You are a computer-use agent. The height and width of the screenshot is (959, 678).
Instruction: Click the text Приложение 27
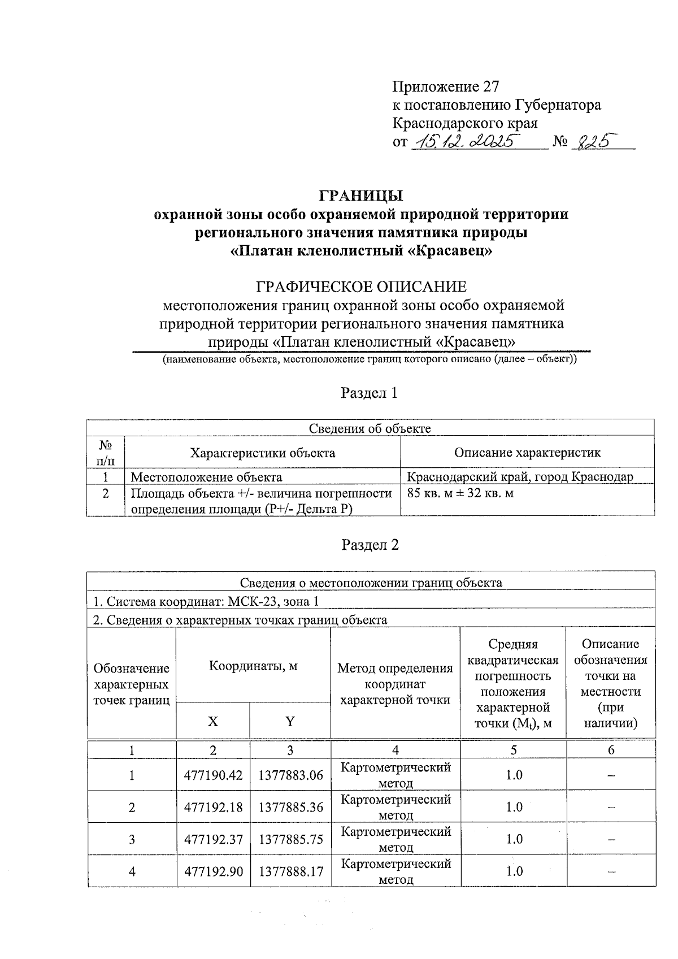pos(446,86)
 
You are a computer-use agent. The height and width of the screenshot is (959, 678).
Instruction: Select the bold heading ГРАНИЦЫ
pos(362,196)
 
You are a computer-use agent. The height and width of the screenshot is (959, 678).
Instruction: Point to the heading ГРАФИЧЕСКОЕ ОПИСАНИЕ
pos(362,287)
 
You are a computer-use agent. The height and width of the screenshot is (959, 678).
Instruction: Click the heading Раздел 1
pos(370,393)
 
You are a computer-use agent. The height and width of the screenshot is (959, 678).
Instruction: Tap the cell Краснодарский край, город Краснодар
pos(520,476)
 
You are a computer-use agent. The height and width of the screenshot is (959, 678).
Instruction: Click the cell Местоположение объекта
pos(207,477)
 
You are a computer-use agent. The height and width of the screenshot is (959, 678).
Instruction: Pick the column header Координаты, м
pos(253,665)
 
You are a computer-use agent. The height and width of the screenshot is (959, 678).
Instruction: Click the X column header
pos(213,721)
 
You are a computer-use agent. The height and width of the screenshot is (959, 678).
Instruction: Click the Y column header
pos(290,721)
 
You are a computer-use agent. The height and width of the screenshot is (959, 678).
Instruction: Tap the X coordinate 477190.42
pos(213,775)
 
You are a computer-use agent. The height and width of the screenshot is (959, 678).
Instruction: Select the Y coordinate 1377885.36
pos(290,807)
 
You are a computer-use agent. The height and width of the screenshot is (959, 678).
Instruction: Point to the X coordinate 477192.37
pos(213,839)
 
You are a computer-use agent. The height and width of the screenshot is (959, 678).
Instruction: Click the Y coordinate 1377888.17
pos(290,871)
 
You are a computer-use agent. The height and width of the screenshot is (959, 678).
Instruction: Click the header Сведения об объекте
pos(370,428)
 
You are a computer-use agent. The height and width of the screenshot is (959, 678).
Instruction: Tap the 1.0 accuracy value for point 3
pos(514,839)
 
